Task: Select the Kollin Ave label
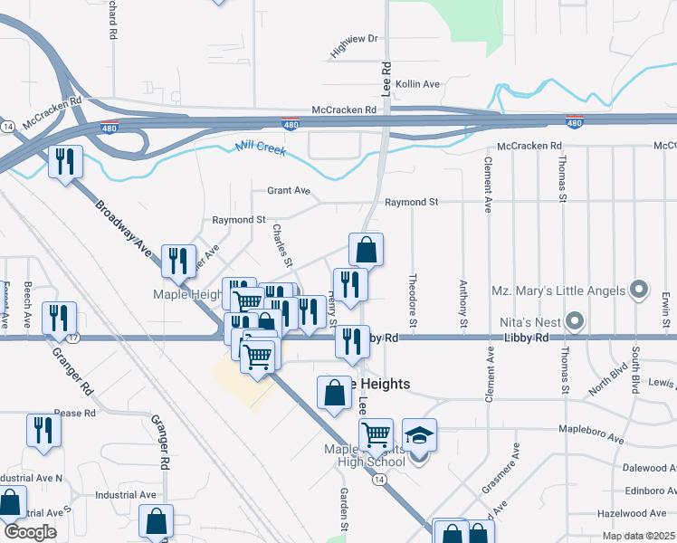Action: [417, 84]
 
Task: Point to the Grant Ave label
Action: [288, 191]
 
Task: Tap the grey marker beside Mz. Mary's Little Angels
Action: [639, 291]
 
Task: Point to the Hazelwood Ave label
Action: [639, 513]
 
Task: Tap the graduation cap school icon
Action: [419, 435]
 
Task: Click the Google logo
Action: [30, 532]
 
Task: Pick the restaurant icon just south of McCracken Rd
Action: [65, 162]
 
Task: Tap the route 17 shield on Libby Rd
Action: [73, 338]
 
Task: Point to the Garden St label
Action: [345, 509]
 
